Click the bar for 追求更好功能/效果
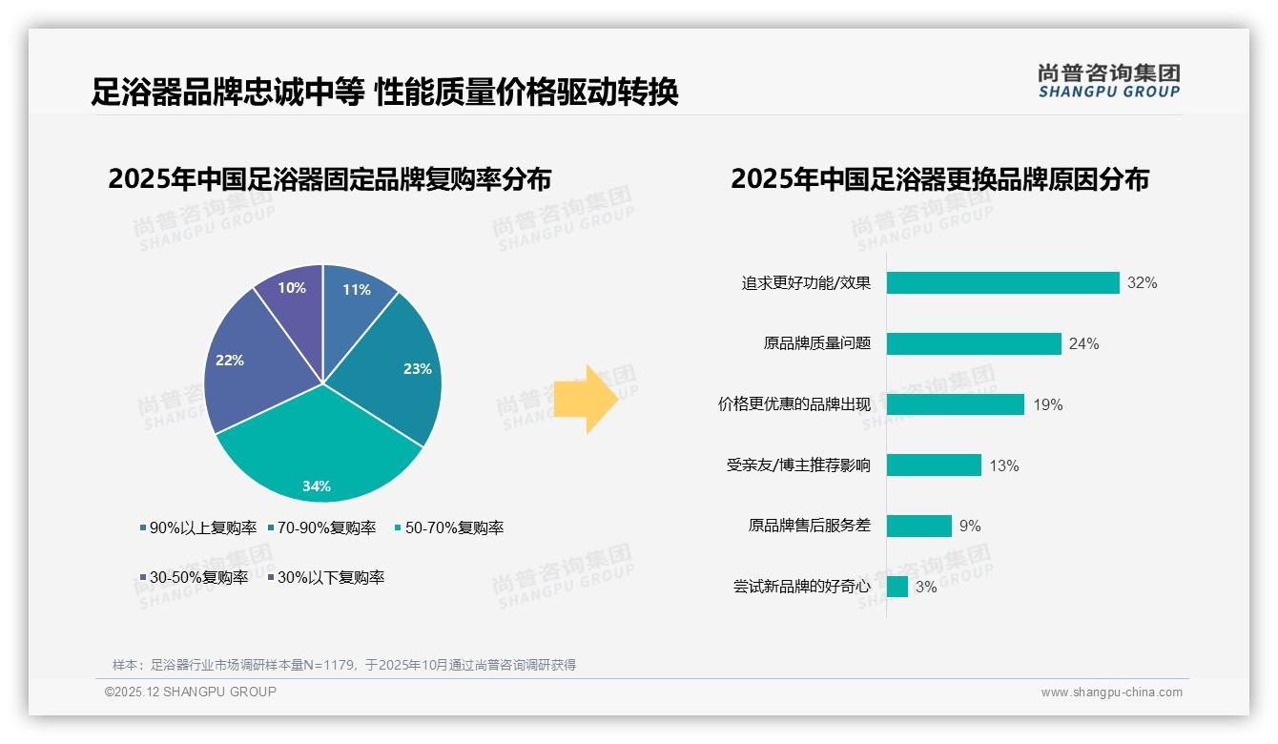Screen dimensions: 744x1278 1002,283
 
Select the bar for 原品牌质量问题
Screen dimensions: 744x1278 974,343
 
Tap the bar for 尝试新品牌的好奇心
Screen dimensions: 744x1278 897,587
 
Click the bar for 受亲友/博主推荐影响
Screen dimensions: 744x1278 934,465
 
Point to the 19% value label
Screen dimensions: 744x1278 1047,405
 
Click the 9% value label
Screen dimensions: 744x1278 970,527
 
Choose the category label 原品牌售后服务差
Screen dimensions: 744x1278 809,526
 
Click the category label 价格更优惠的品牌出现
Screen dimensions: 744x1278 794,404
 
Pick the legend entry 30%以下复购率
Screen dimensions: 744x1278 329,578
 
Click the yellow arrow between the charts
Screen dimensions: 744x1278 587,398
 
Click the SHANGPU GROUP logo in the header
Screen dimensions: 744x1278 1108,81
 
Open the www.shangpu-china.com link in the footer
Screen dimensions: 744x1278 1111,692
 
